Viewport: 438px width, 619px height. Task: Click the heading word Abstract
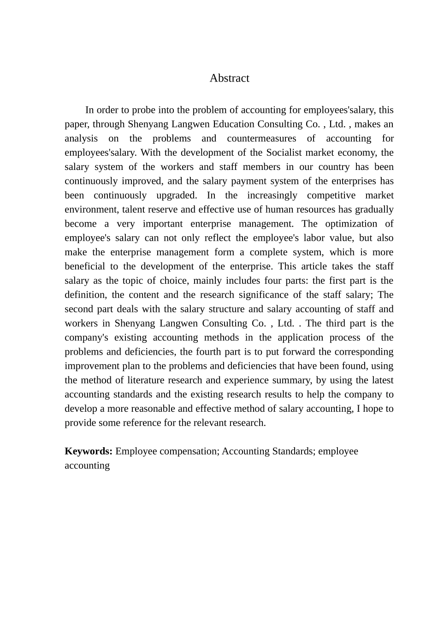[x=229, y=78]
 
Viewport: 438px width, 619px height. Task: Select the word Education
[x=231, y=124]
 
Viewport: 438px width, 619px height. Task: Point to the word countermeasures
[x=261, y=139]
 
